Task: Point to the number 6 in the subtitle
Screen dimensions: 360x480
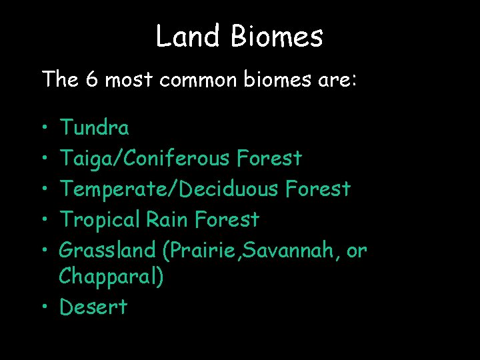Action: point(93,79)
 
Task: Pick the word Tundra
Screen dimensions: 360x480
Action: point(95,127)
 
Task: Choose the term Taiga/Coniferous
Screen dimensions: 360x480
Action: point(145,158)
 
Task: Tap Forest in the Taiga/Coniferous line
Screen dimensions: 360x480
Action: point(269,158)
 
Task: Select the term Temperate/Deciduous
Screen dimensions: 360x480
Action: point(169,189)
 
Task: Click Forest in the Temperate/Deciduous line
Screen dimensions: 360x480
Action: point(317,189)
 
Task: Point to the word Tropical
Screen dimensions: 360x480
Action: point(102,219)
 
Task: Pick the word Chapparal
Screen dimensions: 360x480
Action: point(110,276)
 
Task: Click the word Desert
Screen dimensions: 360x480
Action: point(93,307)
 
